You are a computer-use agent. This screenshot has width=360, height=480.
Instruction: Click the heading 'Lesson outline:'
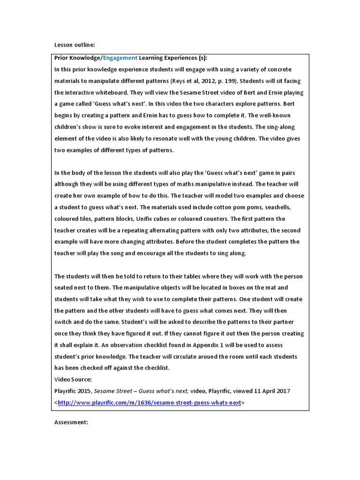click(x=75, y=45)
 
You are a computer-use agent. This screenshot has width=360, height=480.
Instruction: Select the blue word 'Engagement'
click(x=120, y=58)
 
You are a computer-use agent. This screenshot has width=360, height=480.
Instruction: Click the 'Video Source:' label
click(x=73, y=379)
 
